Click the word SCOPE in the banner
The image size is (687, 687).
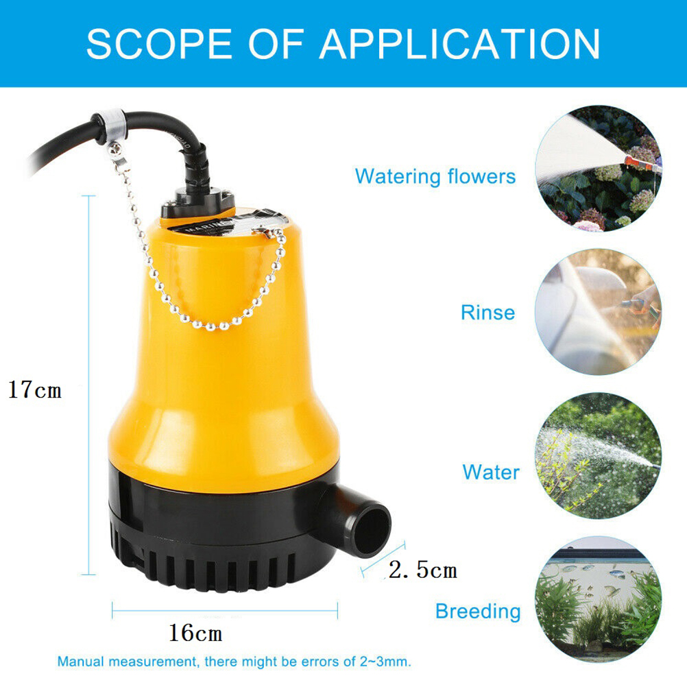pyautogui.click(x=159, y=43)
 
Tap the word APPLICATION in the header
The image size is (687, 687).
pyautogui.click(x=459, y=43)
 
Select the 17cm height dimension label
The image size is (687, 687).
pyautogui.click(x=35, y=389)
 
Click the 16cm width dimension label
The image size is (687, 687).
pyautogui.click(x=195, y=633)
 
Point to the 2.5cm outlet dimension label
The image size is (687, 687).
pyautogui.click(x=423, y=570)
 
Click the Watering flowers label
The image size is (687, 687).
pyautogui.click(x=435, y=176)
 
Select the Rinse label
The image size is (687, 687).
pyautogui.click(x=487, y=313)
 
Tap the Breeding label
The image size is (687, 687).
pyautogui.click(x=478, y=611)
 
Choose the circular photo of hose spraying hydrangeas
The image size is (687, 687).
pyautogui.click(x=599, y=168)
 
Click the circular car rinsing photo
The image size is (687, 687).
pyautogui.click(x=599, y=312)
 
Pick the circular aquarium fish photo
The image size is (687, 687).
pyautogui.click(x=599, y=599)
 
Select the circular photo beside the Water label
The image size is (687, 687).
pyautogui.click(x=599, y=456)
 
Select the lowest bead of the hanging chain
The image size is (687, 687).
pyautogui.click(x=211, y=327)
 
